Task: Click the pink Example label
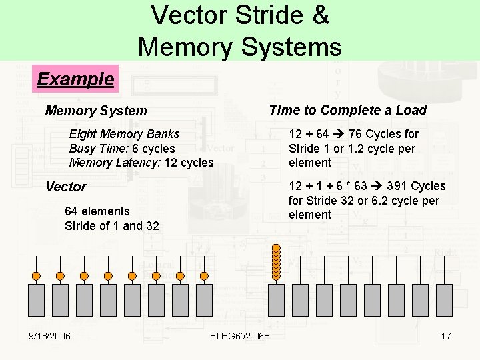pyautogui.click(x=75, y=79)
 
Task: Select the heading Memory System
pyautogui.click(x=96, y=111)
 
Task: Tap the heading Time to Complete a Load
pyautogui.click(x=347, y=110)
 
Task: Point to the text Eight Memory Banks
pyautogui.click(x=124, y=134)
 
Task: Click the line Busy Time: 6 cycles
pyautogui.click(x=122, y=149)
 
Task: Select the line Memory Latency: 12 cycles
pyautogui.click(x=141, y=163)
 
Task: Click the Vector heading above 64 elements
pyautogui.click(x=66, y=187)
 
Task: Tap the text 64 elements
pyautogui.click(x=97, y=211)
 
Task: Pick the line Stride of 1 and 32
pyautogui.click(x=112, y=226)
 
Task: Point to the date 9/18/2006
pyautogui.click(x=49, y=335)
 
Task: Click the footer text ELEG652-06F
pyautogui.click(x=239, y=335)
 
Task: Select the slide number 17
pyautogui.click(x=446, y=335)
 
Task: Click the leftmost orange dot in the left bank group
pyautogui.click(x=36, y=276)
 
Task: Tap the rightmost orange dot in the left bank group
pyautogui.click(x=204, y=276)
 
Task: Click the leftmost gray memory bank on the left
pyautogui.click(x=36, y=300)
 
